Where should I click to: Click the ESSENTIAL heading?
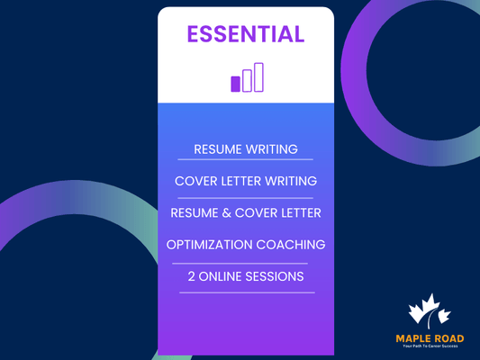(246, 34)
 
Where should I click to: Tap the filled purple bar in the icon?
(236, 84)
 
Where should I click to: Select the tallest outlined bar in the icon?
(258, 77)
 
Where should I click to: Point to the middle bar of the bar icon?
(247, 80)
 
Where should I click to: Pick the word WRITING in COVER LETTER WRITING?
(290, 181)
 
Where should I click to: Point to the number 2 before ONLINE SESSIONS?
(192, 275)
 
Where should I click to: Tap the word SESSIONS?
(276, 275)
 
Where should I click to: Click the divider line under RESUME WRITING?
(246, 165)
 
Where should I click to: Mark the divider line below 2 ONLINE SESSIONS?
(246, 292)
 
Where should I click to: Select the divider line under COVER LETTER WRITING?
(246, 197)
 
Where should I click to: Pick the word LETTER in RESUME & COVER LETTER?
(299, 213)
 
